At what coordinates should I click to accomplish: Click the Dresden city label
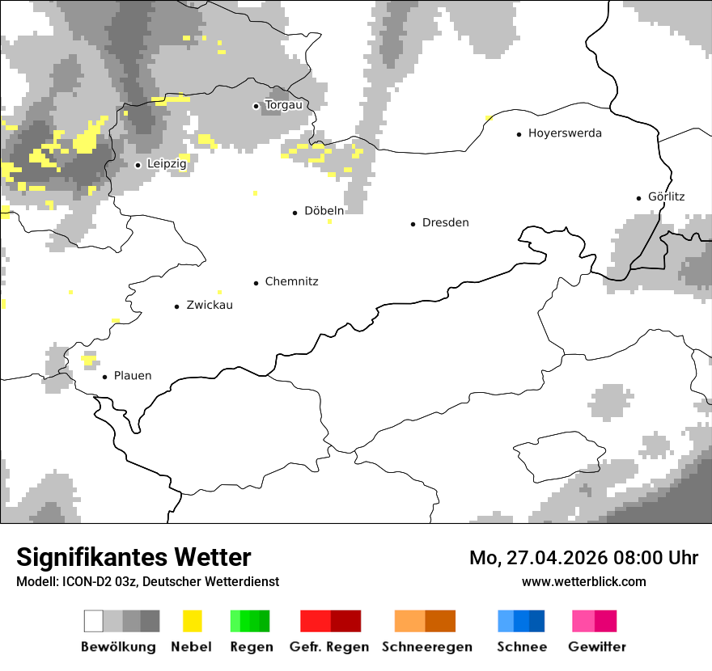coord(445,223)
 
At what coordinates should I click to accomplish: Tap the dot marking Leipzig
coord(138,165)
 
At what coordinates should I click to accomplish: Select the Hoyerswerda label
coord(565,133)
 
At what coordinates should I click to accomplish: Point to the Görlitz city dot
coord(639,197)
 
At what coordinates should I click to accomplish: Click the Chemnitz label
coord(291,282)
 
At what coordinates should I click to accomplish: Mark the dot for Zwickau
coord(176,306)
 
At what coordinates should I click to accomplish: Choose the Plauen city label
coord(133,376)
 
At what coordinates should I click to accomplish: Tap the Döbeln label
coord(324,211)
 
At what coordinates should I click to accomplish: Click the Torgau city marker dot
coord(256,106)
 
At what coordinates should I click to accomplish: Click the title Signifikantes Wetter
coord(133,558)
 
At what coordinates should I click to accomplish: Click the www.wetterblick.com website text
coord(583,582)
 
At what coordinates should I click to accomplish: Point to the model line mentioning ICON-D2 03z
coord(147,582)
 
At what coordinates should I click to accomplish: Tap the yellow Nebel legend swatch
coord(192,621)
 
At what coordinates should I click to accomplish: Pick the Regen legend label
coord(250,647)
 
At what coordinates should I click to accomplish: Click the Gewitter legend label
coord(596,647)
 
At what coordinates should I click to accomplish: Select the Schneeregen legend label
coord(426,647)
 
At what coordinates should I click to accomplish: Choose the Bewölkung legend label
coord(118,647)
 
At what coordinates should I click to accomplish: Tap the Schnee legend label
coord(521,647)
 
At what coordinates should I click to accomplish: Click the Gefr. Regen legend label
coord(329,647)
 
